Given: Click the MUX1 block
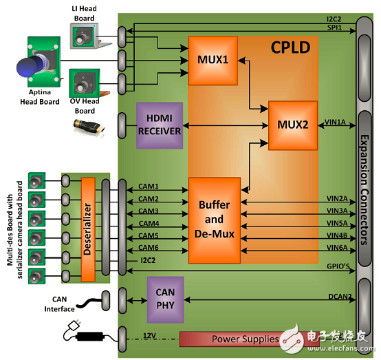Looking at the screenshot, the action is click(213, 61).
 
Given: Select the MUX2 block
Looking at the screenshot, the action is click(293, 125).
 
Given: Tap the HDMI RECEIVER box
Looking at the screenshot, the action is click(160, 125).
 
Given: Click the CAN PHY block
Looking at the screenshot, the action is click(165, 299).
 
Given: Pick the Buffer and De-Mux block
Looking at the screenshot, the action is click(215, 220).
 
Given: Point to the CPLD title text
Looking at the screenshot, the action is click(290, 47).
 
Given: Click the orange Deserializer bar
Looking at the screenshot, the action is click(88, 229).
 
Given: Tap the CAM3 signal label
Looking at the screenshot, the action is click(149, 211).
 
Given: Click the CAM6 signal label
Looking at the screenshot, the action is click(149, 248).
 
